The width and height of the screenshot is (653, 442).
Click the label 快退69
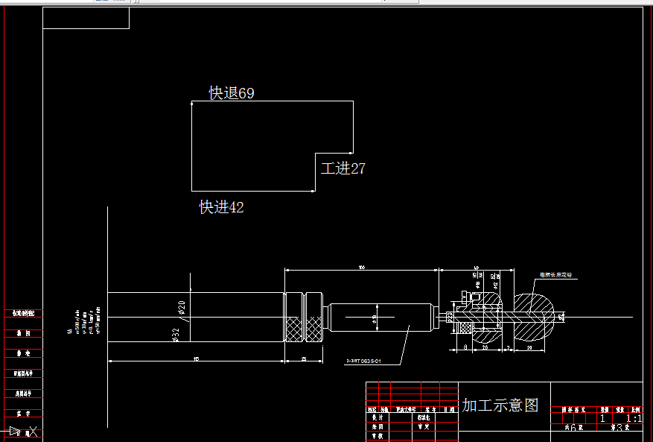tap(232, 93)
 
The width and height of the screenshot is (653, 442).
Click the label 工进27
tap(343, 168)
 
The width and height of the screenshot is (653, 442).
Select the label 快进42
tap(221, 207)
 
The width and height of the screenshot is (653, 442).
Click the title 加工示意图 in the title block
tap(500, 405)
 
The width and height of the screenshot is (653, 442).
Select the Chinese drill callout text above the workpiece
tap(560, 275)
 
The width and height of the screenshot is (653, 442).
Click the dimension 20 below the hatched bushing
tap(485, 347)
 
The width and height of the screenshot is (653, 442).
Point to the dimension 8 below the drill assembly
tap(465, 347)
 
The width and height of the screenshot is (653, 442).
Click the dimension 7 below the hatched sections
tap(507, 347)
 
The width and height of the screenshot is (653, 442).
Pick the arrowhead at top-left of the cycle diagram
tap(193, 105)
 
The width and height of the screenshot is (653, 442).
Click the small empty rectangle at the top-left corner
tap(86, 19)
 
